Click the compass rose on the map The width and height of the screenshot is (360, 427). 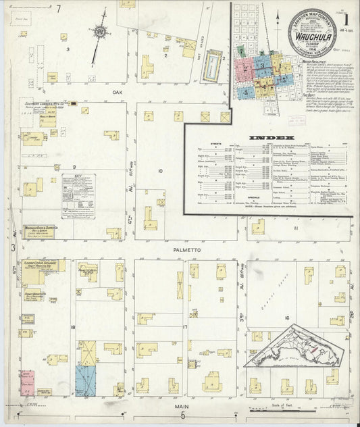100,31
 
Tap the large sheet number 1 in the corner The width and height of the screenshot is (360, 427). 346,12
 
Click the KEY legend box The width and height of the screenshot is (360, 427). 78,195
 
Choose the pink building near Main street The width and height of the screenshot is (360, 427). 27,382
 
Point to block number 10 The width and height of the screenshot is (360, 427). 161,172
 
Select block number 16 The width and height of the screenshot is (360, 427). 286,317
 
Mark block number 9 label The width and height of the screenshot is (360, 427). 74,166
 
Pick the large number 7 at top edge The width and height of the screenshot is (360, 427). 59,9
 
